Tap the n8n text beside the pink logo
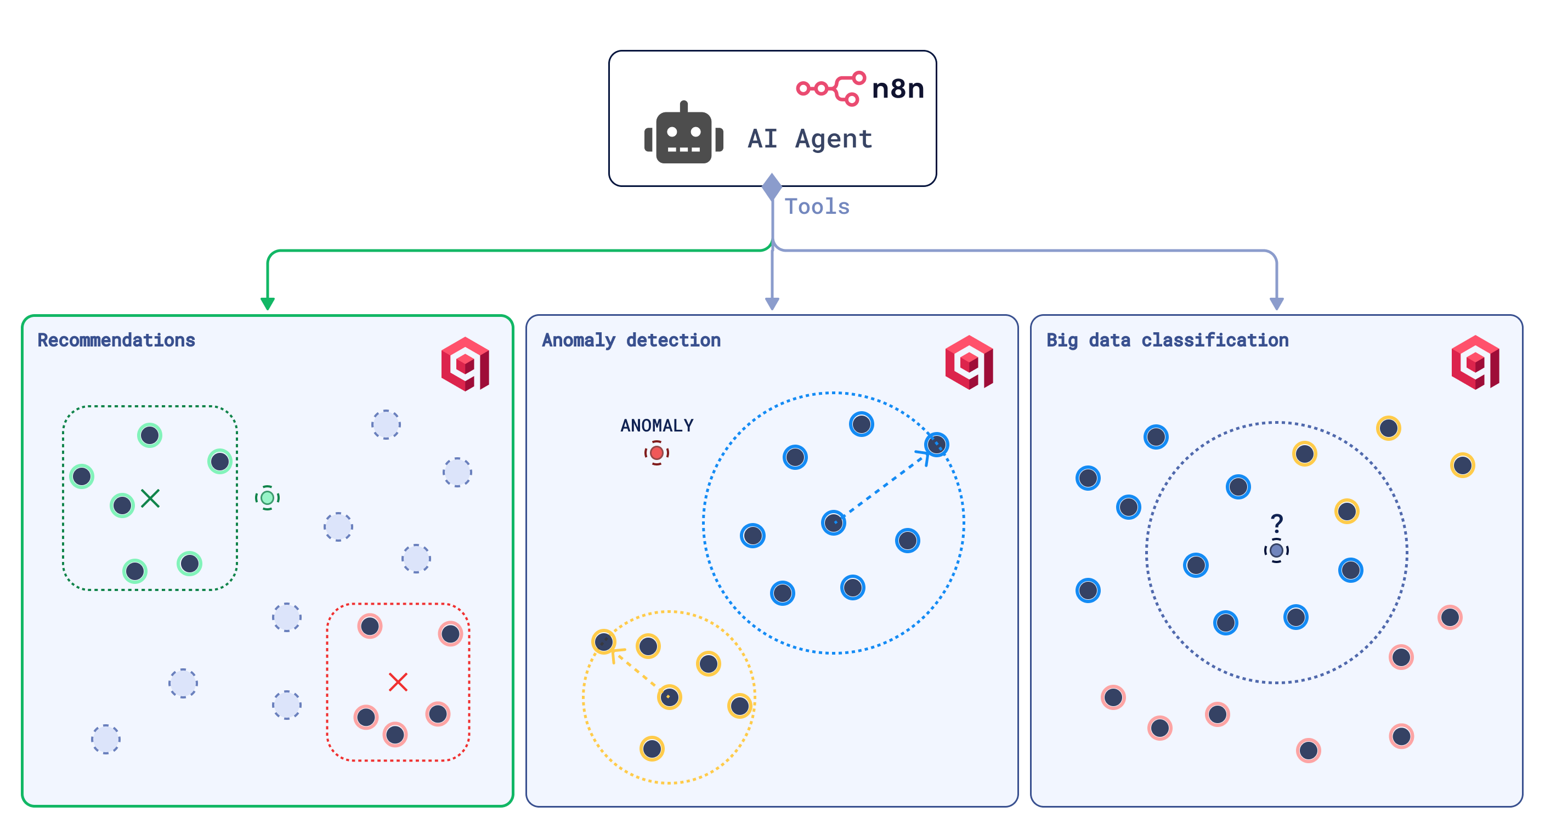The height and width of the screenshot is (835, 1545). coord(897,89)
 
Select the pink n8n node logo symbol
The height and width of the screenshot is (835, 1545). coord(831,88)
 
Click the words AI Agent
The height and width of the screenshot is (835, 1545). coord(810,139)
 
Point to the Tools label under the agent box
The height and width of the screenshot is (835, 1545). coord(817,207)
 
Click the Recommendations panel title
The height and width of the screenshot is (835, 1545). coord(116,340)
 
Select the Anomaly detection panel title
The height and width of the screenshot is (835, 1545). coord(631,340)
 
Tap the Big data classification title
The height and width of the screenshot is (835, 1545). coord(1167,340)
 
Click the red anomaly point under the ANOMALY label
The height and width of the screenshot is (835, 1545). coord(657,452)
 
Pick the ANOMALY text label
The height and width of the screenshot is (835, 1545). coord(657,425)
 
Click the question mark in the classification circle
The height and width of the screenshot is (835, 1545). coord(1277,523)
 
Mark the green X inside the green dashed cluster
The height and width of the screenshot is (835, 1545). coord(150,498)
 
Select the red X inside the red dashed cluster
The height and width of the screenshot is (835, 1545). coord(398,681)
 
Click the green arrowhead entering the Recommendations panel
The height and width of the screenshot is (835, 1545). coord(268,303)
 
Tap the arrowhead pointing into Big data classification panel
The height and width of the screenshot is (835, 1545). coord(1276,303)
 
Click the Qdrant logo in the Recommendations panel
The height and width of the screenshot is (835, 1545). coord(466,364)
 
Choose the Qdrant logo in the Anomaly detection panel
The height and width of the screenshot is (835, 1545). coord(969,362)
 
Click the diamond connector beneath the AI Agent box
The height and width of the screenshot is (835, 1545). coord(772,186)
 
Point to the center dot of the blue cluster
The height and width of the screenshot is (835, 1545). coord(834,522)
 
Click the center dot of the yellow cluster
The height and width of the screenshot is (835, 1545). coord(669,696)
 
